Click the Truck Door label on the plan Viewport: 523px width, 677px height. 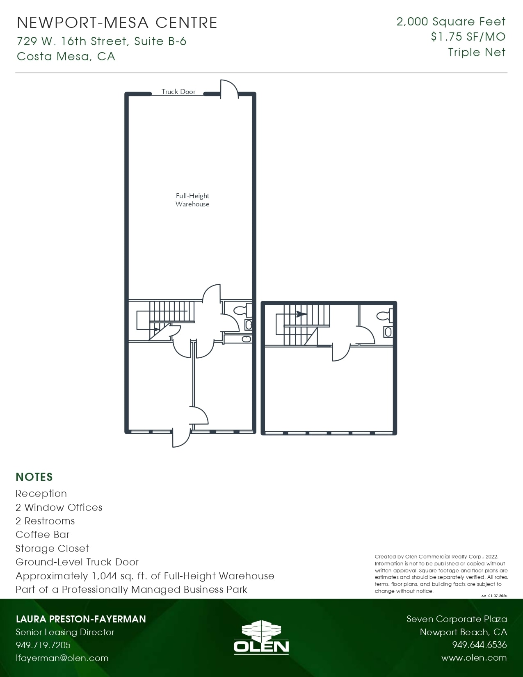click(178, 91)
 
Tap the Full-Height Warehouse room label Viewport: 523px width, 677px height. click(192, 200)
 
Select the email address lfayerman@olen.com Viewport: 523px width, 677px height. click(62, 658)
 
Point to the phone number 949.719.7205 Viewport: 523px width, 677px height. click(43, 645)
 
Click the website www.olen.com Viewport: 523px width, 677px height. click(474, 658)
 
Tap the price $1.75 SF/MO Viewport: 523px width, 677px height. click(468, 37)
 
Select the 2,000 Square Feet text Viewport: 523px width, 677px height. click(451, 22)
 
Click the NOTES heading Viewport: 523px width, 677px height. click(34, 477)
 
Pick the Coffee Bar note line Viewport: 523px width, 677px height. click(43, 535)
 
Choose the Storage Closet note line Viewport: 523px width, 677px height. click(52, 549)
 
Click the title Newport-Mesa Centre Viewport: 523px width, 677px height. click(117, 23)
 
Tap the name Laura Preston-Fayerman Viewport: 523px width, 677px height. click(81, 619)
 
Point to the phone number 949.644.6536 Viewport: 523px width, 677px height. click(480, 645)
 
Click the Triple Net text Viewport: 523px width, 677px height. click(477, 53)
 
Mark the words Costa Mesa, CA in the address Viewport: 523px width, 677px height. click(66, 56)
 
